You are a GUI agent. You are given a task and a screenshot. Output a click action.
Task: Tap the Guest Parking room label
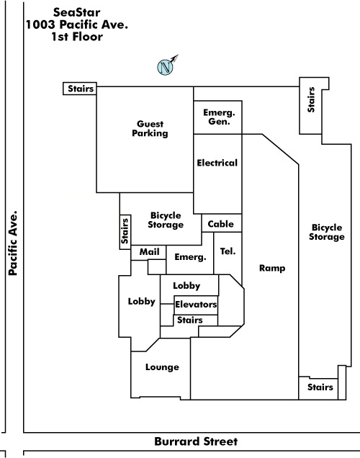coord(150,128)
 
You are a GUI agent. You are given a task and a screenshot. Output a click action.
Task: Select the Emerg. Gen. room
coord(218,117)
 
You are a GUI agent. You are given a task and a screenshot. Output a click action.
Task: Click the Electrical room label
coord(217,163)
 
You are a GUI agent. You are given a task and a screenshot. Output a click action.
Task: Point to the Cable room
coord(222,223)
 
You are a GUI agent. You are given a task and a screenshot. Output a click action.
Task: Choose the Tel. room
coord(228,253)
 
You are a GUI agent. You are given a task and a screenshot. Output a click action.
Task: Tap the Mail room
coord(148,253)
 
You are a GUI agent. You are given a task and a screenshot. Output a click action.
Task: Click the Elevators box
coord(196,305)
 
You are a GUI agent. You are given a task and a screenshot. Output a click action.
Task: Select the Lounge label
coord(162,367)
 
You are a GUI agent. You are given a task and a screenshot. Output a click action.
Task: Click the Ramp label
coord(272,268)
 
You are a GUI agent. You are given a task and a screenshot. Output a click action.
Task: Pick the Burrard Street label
coord(196,441)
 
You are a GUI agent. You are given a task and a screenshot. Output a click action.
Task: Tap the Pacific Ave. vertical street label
coord(13,243)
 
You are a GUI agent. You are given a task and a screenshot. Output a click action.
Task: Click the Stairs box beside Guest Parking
coord(80,89)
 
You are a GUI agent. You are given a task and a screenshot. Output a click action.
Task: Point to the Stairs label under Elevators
coord(190,320)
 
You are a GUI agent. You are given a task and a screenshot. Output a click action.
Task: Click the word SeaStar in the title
coord(77,12)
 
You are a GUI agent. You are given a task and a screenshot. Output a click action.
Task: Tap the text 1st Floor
coord(77,37)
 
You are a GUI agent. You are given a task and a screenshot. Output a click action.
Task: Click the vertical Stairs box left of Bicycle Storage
coord(125,232)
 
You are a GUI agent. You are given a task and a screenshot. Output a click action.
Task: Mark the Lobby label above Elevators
coord(186,286)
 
